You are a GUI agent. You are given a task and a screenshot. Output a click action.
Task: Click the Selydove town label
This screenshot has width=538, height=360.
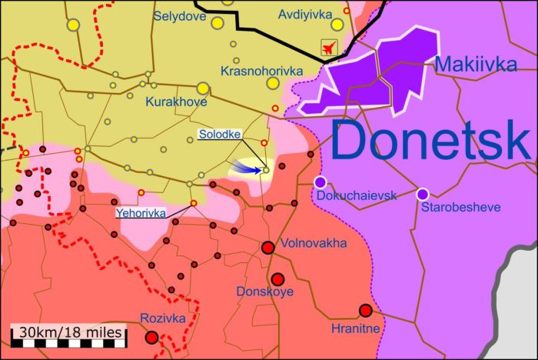[x=180, y=15]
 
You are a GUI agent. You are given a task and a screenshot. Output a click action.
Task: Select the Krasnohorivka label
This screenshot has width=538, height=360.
[x=261, y=71]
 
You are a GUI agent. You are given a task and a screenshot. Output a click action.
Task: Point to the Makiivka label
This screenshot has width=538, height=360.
[x=476, y=65]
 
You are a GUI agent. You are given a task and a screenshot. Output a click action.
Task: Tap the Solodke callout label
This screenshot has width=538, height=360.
[x=219, y=135]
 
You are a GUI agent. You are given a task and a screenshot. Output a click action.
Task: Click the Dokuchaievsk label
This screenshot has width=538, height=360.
[x=356, y=195]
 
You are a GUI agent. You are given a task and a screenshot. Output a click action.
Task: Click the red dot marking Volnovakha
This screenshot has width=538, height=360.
[x=268, y=248]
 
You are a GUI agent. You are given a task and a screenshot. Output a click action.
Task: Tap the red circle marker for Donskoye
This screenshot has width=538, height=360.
[x=277, y=279]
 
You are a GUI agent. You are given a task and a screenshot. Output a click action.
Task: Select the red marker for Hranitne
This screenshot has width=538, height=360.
[x=366, y=311]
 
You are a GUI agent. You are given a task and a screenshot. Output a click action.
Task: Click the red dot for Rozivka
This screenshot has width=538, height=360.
[x=152, y=337]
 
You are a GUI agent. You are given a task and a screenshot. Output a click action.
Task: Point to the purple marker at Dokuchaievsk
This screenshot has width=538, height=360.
[x=320, y=182]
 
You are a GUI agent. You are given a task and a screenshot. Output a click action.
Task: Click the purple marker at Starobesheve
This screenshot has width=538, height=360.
[x=422, y=194]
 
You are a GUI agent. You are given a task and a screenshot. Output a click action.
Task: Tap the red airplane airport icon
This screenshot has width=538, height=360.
[x=330, y=48]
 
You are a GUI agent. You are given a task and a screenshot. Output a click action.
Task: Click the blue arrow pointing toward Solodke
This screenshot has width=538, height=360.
[x=247, y=166]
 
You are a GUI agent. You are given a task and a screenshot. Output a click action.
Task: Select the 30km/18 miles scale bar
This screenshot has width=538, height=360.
[x=68, y=333]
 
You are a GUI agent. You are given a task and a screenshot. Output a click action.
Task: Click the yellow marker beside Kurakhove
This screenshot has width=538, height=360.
[x=203, y=88]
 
